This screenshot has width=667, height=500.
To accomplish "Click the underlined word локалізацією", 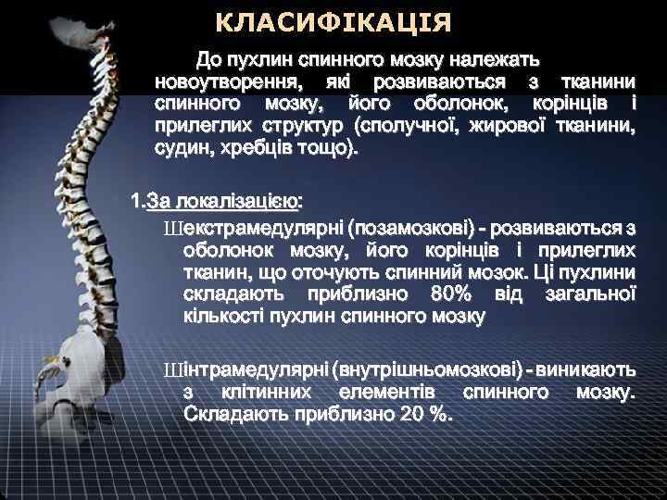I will point(246,201).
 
